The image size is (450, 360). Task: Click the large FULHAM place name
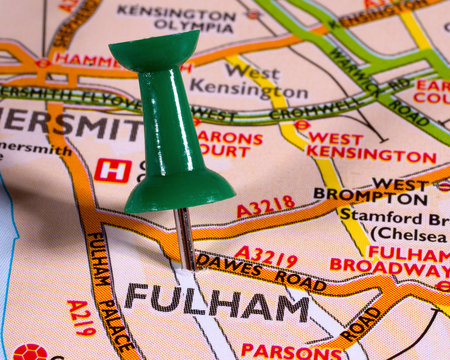coord(216,303)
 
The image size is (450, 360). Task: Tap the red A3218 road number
coord(266,207)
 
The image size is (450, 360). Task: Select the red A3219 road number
coord(265,257)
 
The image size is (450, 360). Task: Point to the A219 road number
coord(81,317)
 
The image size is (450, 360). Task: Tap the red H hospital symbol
coord(112,170)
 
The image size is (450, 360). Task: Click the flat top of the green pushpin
coord(154,45)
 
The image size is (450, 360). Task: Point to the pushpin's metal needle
coord(185,238)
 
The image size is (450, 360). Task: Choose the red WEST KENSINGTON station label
coord(370,147)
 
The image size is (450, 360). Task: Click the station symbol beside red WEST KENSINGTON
coord(302,126)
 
